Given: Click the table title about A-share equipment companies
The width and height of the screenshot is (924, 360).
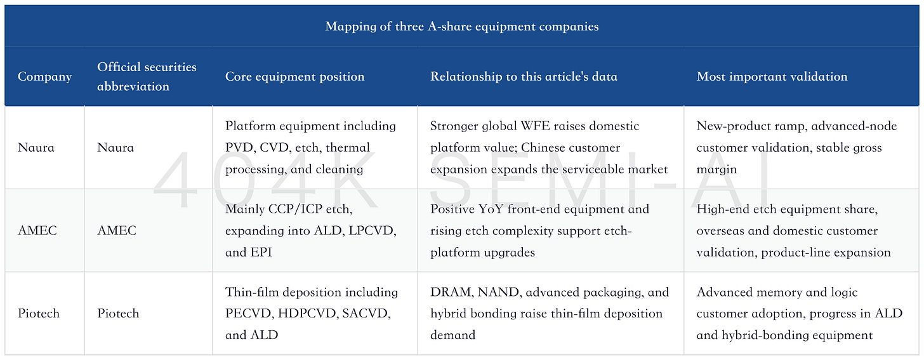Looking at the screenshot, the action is (x=461, y=27).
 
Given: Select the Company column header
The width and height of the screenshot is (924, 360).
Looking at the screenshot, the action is (x=44, y=76).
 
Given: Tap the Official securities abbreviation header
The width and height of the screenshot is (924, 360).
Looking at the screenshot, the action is (x=147, y=76).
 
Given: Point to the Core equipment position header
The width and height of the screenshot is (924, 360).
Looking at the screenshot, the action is (x=294, y=76).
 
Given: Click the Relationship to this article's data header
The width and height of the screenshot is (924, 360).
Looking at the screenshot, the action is (x=524, y=76).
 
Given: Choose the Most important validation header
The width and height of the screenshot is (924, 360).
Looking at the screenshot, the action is (x=772, y=76).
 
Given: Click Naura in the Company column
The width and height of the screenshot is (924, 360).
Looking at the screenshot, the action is (x=36, y=147).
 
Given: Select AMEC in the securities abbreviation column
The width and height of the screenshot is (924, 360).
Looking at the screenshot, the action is (x=116, y=230).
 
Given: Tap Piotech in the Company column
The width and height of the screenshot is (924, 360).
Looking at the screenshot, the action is (x=38, y=314).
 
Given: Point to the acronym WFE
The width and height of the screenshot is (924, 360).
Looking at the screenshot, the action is (x=539, y=126).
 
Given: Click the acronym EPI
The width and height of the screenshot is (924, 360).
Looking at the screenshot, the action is (x=261, y=252).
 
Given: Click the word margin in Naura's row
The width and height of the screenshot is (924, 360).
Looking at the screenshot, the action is (x=716, y=170).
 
